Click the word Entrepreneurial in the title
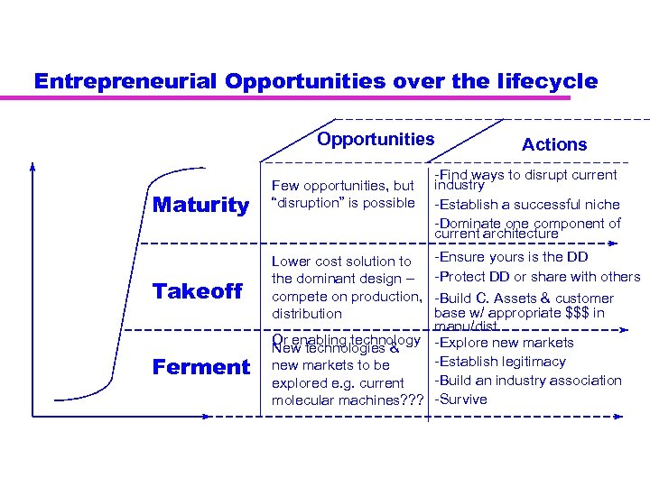pyautogui.click(x=126, y=81)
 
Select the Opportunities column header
pyautogui.click(x=376, y=139)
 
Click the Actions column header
pyautogui.click(x=554, y=144)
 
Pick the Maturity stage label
pyautogui.click(x=200, y=206)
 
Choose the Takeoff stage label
pyautogui.click(x=199, y=290)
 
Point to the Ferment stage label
pyautogui.click(x=200, y=367)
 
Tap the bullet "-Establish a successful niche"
pyautogui.click(x=526, y=204)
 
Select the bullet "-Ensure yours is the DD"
pyautogui.click(x=511, y=257)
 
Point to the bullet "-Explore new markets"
pyautogui.click(x=504, y=343)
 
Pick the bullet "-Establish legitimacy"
pyautogui.click(x=500, y=362)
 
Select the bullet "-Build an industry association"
pyautogui.click(x=528, y=381)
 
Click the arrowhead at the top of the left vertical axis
pyautogui.click(x=33, y=168)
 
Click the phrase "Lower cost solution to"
pyautogui.click(x=341, y=262)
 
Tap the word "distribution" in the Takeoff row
pyautogui.click(x=307, y=314)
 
